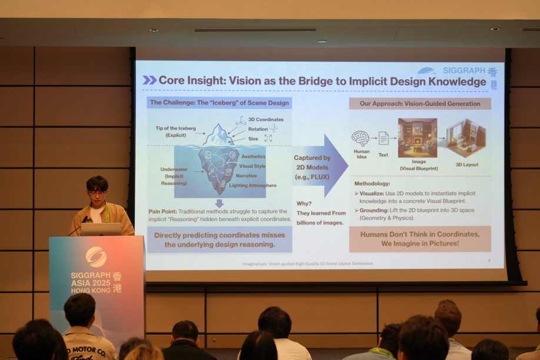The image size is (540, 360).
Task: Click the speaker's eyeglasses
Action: pos(97,193)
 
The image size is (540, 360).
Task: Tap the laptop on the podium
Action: pos(101,229)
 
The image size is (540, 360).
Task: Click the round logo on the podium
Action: pos(96,256)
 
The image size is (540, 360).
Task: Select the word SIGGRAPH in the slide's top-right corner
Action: pos(464,71)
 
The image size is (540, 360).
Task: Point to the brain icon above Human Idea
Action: pos(360,138)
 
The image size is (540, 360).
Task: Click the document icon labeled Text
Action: pos(383,138)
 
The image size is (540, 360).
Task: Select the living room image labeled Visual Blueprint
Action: pos(417,138)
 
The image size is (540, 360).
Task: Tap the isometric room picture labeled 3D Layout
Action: pos(466,138)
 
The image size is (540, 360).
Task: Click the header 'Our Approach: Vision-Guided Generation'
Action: pos(420,104)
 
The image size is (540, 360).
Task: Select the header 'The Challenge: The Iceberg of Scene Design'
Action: pos(219,102)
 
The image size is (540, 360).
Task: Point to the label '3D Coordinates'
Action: pos(265,119)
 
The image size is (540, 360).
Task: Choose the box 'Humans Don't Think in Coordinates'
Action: pos(420,238)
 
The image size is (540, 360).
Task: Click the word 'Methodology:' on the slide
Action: pos(372,184)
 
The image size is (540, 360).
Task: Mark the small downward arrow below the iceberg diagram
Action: pos(219,203)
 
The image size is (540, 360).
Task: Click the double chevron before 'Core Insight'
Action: pos(149,81)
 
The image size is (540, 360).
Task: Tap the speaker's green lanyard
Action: pos(107,213)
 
